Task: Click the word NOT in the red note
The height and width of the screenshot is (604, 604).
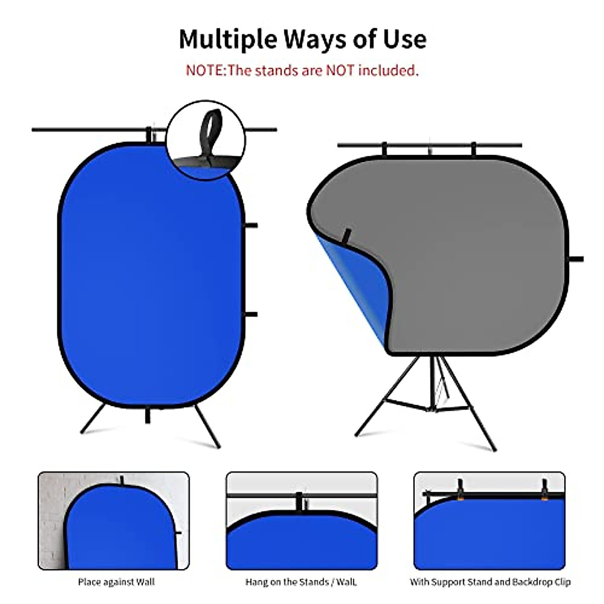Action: [x=341, y=70]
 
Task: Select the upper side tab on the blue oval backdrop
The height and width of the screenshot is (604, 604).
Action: [x=251, y=225]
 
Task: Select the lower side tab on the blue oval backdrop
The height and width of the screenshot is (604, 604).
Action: [x=251, y=315]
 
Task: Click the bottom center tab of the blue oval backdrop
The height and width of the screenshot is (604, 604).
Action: [x=147, y=415]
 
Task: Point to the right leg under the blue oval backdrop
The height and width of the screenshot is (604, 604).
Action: [x=207, y=426]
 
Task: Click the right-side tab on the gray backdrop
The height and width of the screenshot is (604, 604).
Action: [x=576, y=259]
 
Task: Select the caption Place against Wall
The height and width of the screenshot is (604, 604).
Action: [x=116, y=582]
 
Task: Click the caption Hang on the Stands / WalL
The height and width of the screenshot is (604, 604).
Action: [x=301, y=582]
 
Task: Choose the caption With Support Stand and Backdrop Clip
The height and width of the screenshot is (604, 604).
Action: [x=490, y=582]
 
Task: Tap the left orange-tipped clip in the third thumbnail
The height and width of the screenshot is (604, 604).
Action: [x=460, y=490]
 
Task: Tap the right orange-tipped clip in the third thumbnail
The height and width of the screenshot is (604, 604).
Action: [x=545, y=490]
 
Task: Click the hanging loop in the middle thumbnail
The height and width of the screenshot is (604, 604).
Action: [x=300, y=502]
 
